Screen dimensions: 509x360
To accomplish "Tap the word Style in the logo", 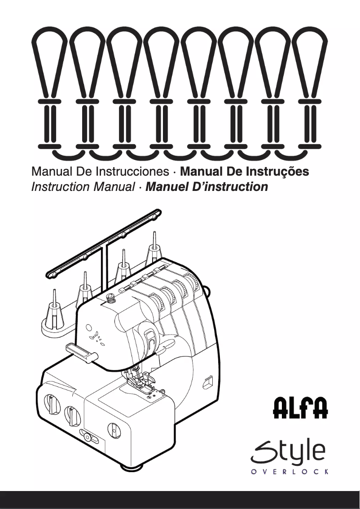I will [x=288, y=451].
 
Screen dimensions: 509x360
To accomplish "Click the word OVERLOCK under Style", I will [x=290, y=471].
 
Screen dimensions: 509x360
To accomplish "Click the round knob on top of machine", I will [x=110, y=297].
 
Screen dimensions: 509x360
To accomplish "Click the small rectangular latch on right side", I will [x=207, y=382].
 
